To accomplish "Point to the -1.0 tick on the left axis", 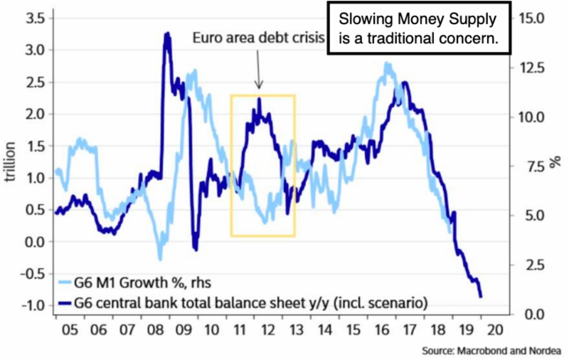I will [x=31, y=306].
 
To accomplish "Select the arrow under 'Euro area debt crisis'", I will [x=258, y=75].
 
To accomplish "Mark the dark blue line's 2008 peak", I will [x=166, y=33].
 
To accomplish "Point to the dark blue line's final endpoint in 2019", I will [x=482, y=297].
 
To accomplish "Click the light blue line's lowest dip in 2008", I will [x=160, y=258].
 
